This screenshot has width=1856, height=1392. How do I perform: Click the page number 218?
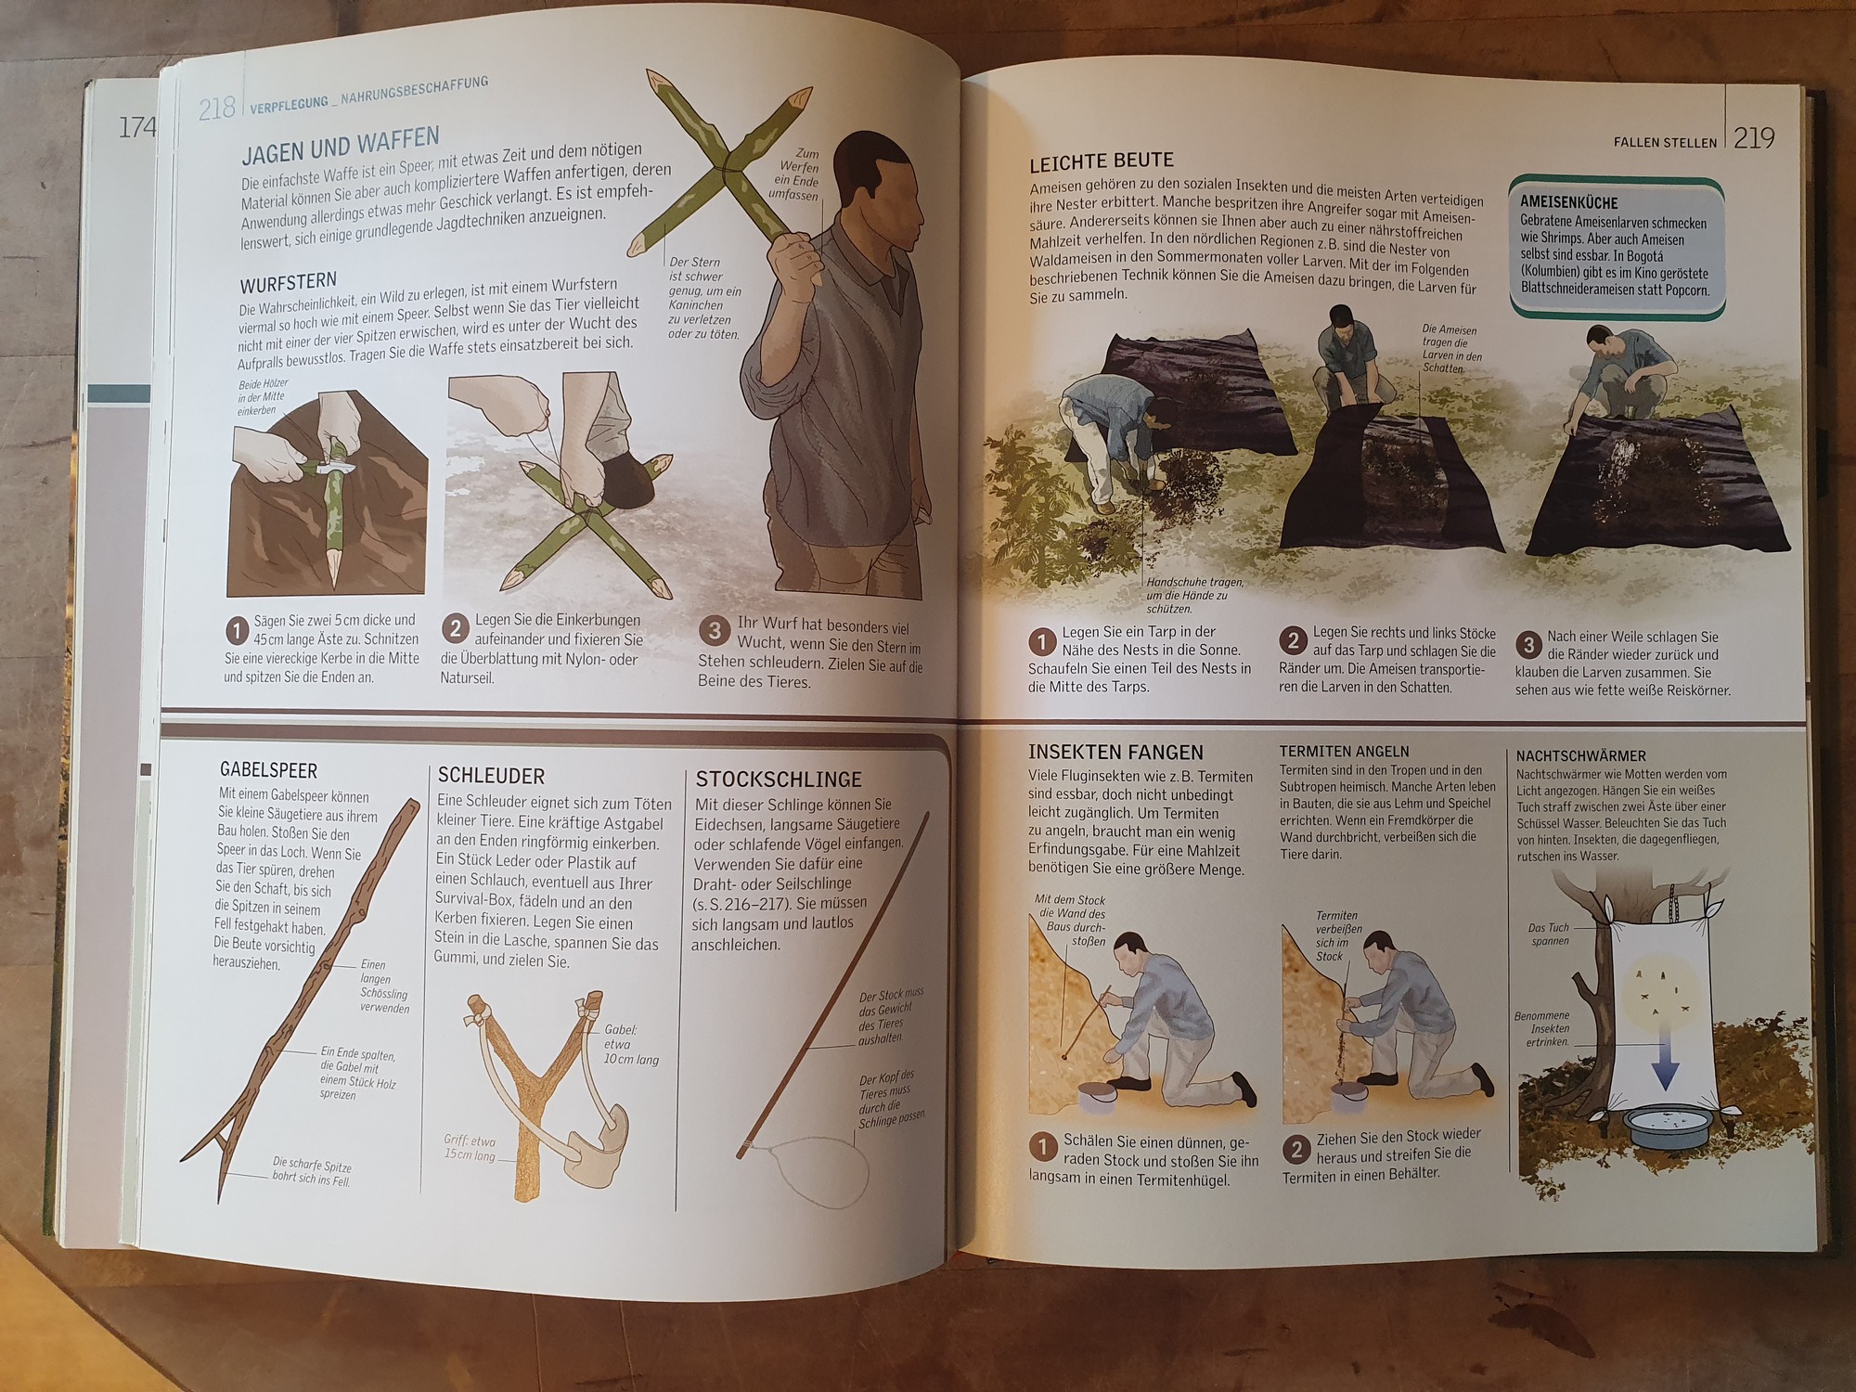coord(217,109)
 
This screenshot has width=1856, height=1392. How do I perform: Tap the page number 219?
coord(1754,138)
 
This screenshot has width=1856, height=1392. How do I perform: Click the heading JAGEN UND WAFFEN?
coord(341,145)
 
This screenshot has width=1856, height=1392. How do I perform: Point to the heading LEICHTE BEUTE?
coord(1102,161)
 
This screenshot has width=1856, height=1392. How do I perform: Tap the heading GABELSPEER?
coord(268,770)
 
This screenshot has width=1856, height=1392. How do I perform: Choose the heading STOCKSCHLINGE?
coord(779,780)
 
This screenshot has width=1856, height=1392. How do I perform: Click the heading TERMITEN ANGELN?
coord(1344,752)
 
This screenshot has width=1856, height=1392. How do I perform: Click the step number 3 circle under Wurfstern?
coord(714,631)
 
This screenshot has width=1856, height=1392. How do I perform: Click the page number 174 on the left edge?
coord(136,127)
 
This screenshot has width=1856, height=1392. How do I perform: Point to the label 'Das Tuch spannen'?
coord(1550,934)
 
